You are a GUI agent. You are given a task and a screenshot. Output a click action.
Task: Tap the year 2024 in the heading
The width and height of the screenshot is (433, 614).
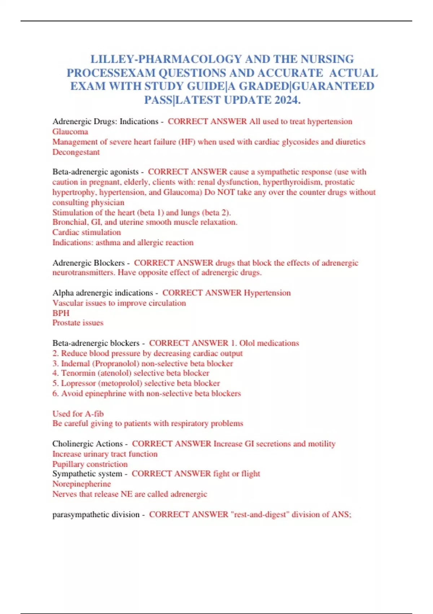(x=286, y=100)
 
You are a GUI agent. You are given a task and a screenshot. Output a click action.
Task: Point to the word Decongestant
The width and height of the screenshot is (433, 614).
(x=76, y=152)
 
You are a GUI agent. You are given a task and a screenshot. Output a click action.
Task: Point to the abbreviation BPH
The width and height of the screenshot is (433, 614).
(x=61, y=313)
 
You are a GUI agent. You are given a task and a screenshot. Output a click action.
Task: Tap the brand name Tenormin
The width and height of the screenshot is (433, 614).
(x=76, y=373)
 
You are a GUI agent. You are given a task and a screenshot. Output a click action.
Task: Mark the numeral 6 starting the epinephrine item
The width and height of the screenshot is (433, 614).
(x=55, y=393)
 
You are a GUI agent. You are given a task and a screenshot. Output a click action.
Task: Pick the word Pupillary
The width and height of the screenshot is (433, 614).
(x=68, y=464)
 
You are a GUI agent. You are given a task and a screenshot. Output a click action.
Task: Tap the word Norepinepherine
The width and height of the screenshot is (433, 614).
(x=82, y=484)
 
